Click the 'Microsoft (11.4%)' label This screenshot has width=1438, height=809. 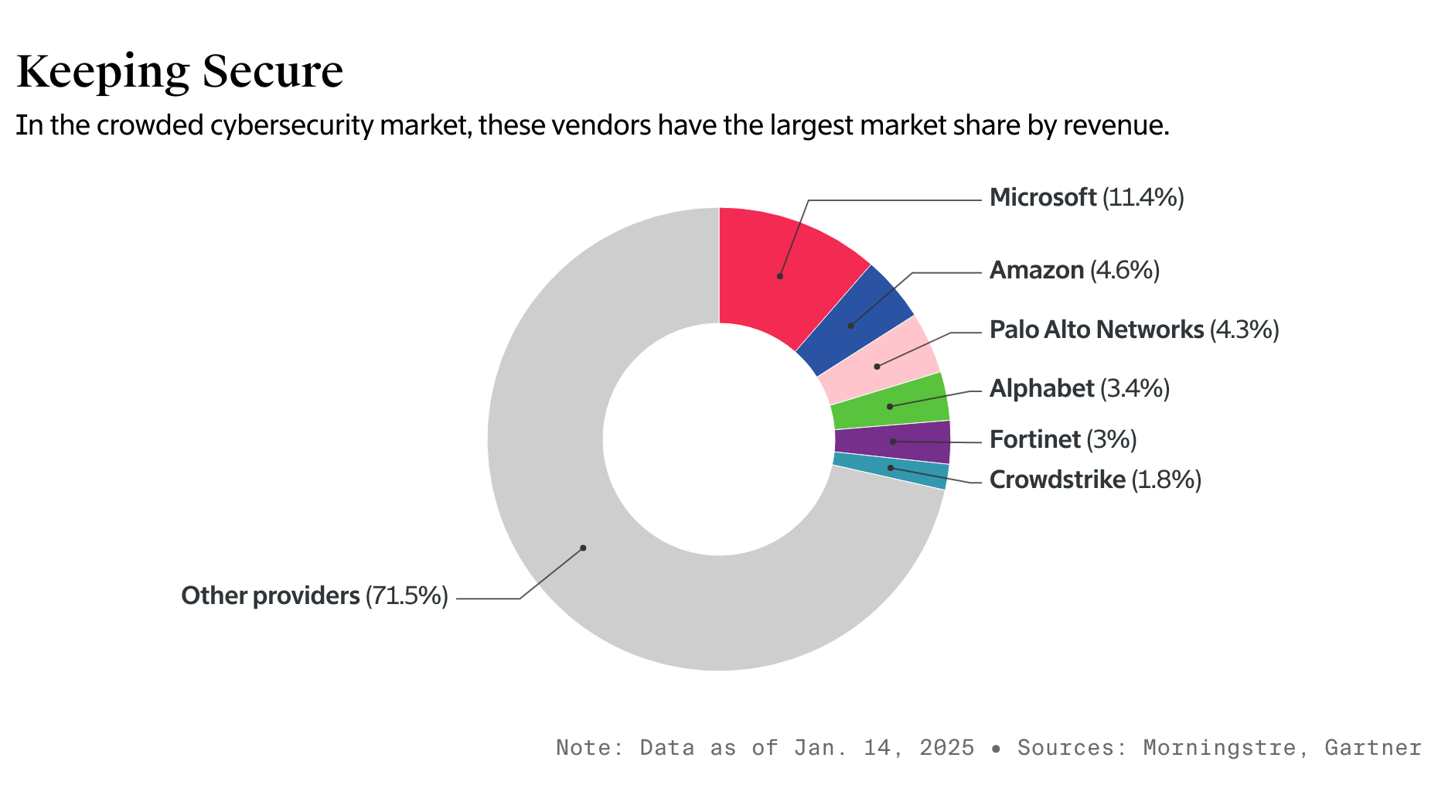(1086, 198)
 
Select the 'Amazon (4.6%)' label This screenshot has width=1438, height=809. (1074, 271)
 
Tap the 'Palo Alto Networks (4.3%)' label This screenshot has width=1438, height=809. (1133, 330)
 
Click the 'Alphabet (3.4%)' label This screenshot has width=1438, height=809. (1079, 388)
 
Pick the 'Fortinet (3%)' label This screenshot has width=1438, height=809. (1063, 440)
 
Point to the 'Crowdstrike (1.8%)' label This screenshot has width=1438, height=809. (1095, 480)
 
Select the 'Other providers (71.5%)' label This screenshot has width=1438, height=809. (315, 596)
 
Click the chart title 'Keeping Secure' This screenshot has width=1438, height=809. (179, 72)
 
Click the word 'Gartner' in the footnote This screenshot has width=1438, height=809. (1372, 748)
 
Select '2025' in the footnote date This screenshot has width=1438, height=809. (946, 748)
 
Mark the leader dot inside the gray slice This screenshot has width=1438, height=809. (583, 548)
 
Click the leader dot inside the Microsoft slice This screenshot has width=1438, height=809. (780, 276)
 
